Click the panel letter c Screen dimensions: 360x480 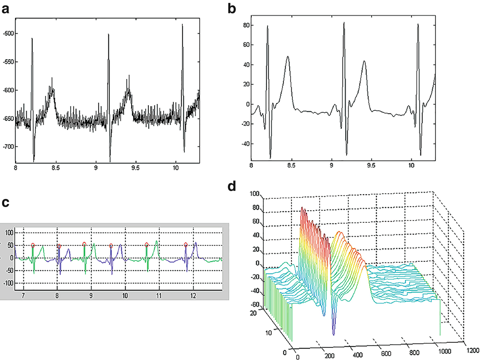(5, 203)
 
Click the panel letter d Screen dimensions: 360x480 (232, 187)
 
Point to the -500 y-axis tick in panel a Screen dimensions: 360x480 (8, 34)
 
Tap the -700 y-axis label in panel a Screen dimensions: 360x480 (8, 147)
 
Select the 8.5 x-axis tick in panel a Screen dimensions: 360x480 (55, 168)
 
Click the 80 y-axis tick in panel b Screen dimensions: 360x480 (246, 25)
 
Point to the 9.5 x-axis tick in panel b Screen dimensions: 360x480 (371, 165)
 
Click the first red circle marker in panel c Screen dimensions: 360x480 (33, 245)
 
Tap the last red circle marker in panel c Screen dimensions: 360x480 (186, 245)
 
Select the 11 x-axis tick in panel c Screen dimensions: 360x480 (159, 296)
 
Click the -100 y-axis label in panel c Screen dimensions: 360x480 (9, 283)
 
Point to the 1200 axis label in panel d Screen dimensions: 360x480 (473, 350)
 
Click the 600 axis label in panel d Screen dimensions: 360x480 (386, 353)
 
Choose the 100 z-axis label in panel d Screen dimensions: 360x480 (255, 194)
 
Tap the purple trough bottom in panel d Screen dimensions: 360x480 (334, 334)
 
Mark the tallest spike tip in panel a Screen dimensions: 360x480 (182, 24)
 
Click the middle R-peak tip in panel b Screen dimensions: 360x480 (344, 23)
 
